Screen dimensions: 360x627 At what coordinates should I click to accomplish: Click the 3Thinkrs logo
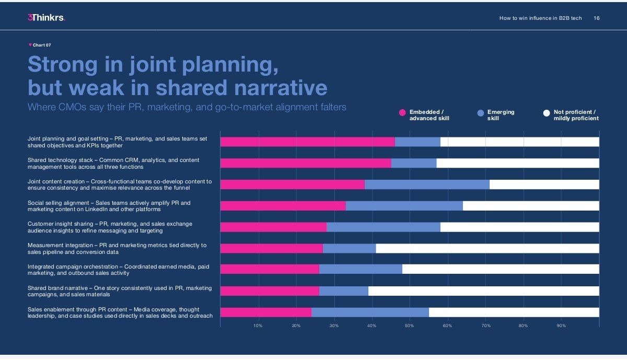point(46,18)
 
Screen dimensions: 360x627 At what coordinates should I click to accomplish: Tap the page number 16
point(597,18)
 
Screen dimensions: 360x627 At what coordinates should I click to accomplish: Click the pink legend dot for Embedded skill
point(402,113)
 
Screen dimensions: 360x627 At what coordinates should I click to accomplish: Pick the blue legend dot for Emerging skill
point(481,113)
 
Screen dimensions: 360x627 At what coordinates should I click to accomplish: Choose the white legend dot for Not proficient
point(547,113)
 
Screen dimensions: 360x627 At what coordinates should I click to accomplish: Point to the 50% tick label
point(409,326)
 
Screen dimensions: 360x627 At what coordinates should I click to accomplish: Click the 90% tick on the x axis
point(561,326)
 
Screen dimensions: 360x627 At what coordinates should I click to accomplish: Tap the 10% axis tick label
point(258,326)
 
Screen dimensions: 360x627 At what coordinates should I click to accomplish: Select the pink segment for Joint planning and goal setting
point(307,142)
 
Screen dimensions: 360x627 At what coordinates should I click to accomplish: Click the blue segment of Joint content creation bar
point(427,184)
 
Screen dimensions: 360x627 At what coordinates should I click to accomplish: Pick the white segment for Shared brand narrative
point(483,291)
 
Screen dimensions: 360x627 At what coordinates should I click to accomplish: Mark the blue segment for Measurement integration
point(349,248)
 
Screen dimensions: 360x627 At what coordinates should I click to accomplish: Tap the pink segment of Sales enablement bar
point(265,312)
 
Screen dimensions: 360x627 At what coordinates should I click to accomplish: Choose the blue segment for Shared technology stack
point(413,163)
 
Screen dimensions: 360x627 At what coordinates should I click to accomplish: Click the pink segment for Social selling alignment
point(283,206)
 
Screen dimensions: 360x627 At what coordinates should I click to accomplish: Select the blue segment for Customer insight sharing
point(383,227)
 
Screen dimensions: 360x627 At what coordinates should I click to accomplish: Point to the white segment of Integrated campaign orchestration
point(501,269)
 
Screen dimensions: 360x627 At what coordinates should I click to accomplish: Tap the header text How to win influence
point(540,18)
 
